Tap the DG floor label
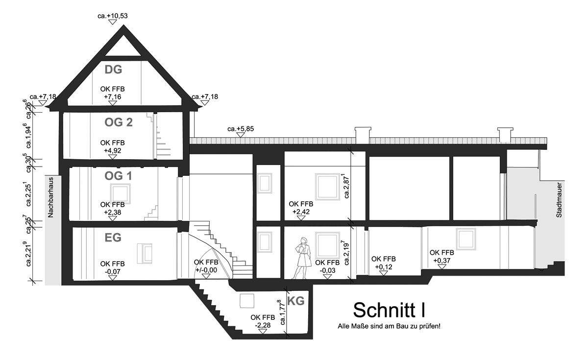113,70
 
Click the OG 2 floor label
119,122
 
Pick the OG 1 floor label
119,175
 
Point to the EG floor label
113,238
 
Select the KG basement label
296,301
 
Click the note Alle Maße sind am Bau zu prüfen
389,326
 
